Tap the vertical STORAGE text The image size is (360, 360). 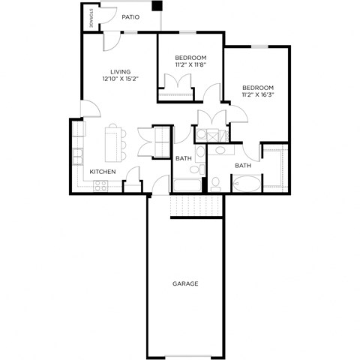pyautogui.click(x=91, y=19)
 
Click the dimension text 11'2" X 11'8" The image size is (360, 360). pyautogui.click(x=190, y=65)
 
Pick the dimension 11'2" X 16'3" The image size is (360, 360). pyautogui.click(x=257, y=95)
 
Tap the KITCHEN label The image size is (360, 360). pyautogui.click(x=103, y=172)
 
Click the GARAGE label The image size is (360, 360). pyautogui.click(x=184, y=283)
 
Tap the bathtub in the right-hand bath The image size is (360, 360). pyautogui.click(x=245, y=182)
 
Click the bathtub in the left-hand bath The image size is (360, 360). pyautogui.click(x=187, y=184)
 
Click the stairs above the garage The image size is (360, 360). pyautogui.click(x=197, y=205)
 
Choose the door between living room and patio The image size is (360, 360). pyautogui.click(x=110, y=41)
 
